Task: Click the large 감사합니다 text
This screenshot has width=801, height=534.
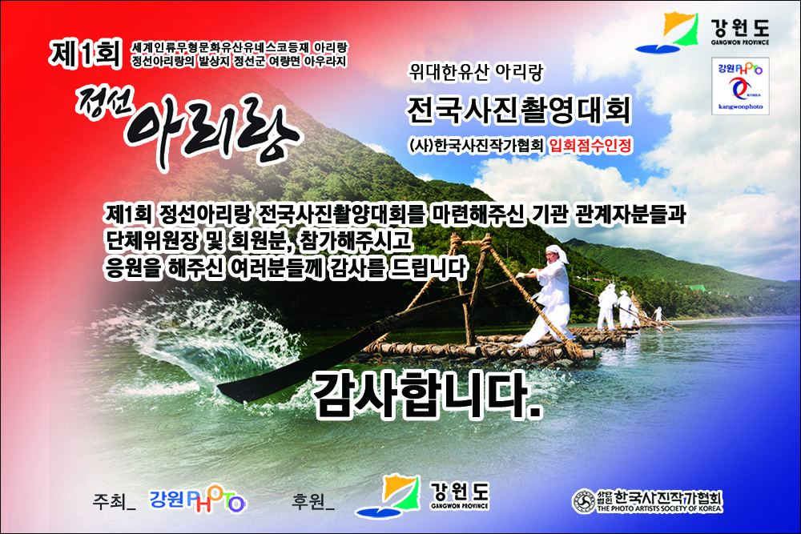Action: [427, 395]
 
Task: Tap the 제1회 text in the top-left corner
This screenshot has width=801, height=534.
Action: [86, 54]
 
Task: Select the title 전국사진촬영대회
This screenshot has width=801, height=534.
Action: [518, 110]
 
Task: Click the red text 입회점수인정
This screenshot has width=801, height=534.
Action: [590, 146]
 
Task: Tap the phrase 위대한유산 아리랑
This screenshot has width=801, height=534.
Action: [476, 73]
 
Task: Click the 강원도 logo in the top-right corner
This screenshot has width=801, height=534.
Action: [702, 32]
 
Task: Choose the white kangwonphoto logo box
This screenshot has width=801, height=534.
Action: [740, 86]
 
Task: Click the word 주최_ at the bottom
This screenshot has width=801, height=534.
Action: [114, 501]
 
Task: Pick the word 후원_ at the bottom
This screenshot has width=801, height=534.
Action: [313, 501]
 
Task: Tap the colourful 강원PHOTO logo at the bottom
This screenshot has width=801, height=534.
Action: [198, 500]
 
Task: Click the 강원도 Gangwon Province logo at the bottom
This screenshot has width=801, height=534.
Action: [422, 496]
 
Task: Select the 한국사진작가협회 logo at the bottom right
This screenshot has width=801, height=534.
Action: [647, 501]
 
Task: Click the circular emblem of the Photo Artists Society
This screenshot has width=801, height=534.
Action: [583, 501]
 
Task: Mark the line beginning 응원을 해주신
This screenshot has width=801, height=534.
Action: [286, 268]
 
